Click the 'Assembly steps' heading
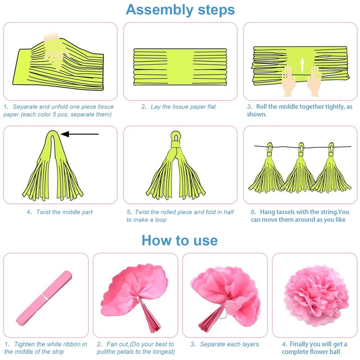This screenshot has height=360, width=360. point(180,10)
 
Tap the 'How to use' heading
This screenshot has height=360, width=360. point(180,240)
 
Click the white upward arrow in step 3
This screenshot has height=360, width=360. point(302,64)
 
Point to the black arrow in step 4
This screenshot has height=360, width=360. point(80,134)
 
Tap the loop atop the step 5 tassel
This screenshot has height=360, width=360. point(176,137)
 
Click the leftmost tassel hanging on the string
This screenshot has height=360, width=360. point(267,169)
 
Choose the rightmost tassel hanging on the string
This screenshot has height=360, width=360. point(331,169)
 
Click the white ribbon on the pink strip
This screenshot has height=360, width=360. point(45,297)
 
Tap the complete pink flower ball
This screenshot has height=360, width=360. point(316,296)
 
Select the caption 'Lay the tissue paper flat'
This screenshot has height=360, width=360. point(183,107)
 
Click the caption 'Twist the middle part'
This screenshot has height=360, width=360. point(64,212)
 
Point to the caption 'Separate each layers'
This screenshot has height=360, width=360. point(229,344)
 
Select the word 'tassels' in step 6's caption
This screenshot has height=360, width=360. point(286,212)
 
